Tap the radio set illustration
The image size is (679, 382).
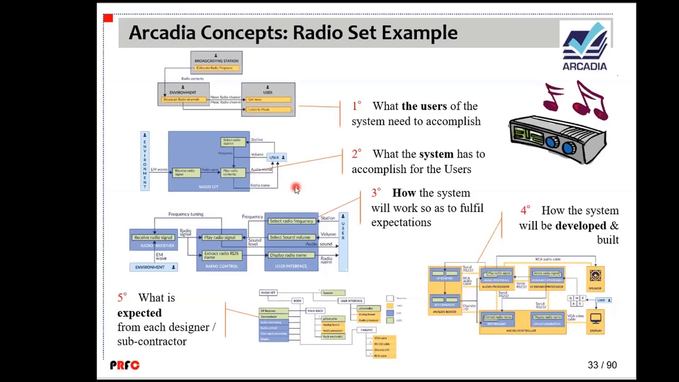pyautogui.click(x=558, y=136)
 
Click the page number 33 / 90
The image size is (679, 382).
pyautogui.click(x=602, y=365)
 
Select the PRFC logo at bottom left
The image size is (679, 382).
pyautogui.click(x=125, y=365)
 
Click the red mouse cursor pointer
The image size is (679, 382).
pyautogui.click(x=296, y=189)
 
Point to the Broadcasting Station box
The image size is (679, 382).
pyautogui.click(x=216, y=63)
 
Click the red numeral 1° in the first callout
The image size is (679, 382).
pyautogui.click(x=356, y=106)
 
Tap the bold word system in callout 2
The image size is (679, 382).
pyautogui.click(x=436, y=154)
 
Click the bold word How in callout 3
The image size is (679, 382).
pyautogui.click(x=404, y=193)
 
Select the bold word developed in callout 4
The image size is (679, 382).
pyautogui.click(x=580, y=225)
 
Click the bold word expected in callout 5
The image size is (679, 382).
pyautogui.click(x=140, y=313)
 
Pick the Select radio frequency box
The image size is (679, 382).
pyautogui.click(x=291, y=221)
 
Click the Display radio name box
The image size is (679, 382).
pyautogui.click(x=288, y=255)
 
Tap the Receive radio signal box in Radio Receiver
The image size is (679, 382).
pyautogui.click(x=153, y=237)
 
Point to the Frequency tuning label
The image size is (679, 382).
pyautogui.click(x=186, y=214)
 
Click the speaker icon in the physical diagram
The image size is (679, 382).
pyautogui.click(x=595, y=276)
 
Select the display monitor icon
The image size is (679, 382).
pyautogui.click(x=596, y=319)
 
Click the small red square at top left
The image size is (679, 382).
pyautogui.click(x=108, y=19)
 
